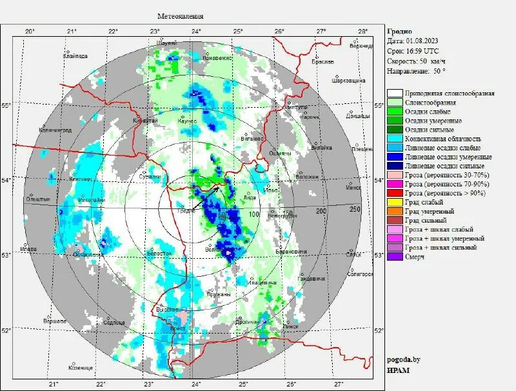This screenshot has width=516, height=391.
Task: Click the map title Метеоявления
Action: point(181,16)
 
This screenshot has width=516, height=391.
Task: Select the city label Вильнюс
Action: point(252,138)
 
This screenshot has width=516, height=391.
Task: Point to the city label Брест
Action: point(177,328)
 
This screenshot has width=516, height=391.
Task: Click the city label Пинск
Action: point(290,326)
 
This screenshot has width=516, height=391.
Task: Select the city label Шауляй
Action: point(166,43)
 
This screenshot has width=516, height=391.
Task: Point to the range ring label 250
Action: point(355,209)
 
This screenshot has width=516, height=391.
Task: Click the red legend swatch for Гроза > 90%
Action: point(395,193)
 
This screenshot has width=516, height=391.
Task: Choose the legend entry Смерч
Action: point(415,256)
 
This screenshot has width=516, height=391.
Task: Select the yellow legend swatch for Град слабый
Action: point(395,202)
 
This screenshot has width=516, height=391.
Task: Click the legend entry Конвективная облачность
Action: point(443,139)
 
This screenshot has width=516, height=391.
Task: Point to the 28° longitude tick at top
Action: point(362,31)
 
